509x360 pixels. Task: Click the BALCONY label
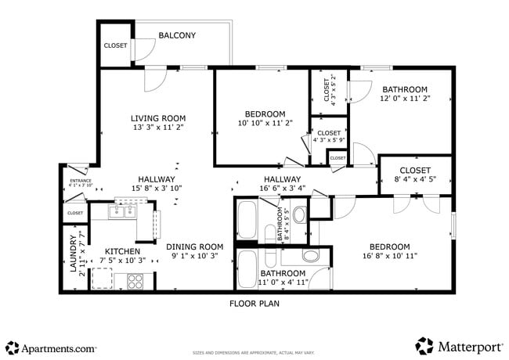(177, 35)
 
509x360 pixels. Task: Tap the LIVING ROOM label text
(157, 118)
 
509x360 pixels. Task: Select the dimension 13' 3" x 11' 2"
(157, 128)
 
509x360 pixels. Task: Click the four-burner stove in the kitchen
(135, 279)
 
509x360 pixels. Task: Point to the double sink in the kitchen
(124, 211)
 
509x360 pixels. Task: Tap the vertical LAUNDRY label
(72, 254)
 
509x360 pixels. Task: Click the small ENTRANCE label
(81, 181)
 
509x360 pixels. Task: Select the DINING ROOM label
(194, 246)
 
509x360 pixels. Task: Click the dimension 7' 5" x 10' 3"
(122, 260)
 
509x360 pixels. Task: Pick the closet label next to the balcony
(115, 45)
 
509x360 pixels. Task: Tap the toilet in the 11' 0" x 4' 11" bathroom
(310, 255)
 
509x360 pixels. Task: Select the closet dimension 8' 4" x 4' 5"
(415, 180)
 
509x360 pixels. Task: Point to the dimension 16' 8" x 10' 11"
(389, 256)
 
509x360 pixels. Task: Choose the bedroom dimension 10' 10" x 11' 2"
(265, 123)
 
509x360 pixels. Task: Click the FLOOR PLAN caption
(254, 303)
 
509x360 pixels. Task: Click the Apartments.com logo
(51, 347)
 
